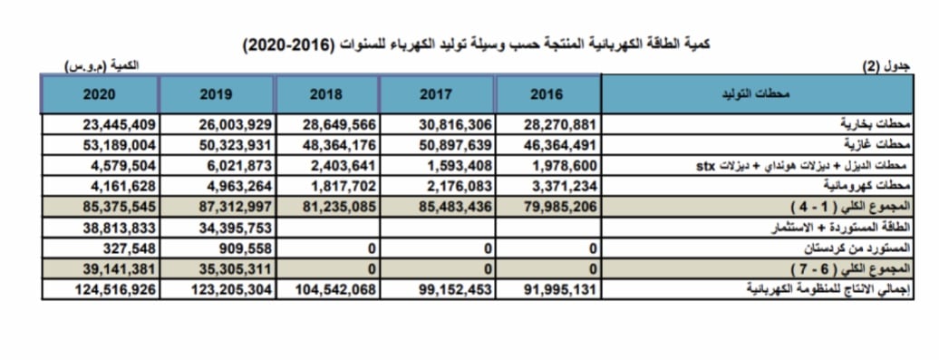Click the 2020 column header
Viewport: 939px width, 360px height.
point(100,94)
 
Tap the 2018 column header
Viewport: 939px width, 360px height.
point(326,94)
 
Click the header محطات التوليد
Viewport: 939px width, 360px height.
point(759,94)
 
